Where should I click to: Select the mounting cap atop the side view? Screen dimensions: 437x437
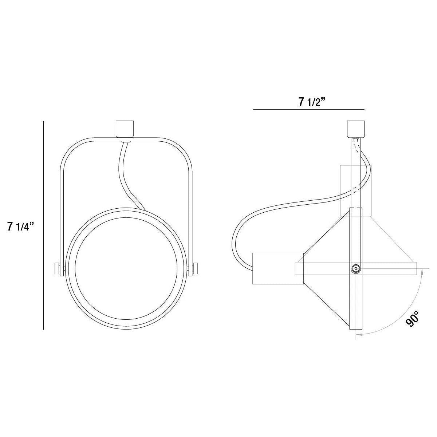pyautogui.click(x=355, y=129)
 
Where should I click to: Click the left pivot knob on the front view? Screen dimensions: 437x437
pyautogui.click(x=57, y=269)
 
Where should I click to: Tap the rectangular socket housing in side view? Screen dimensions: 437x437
pyautogui.click(x=278, y=268)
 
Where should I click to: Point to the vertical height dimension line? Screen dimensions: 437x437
pyautogui.click(x=44, y=226)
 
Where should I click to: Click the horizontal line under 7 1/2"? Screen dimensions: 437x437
pyautogui.click(x=309, y=109)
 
